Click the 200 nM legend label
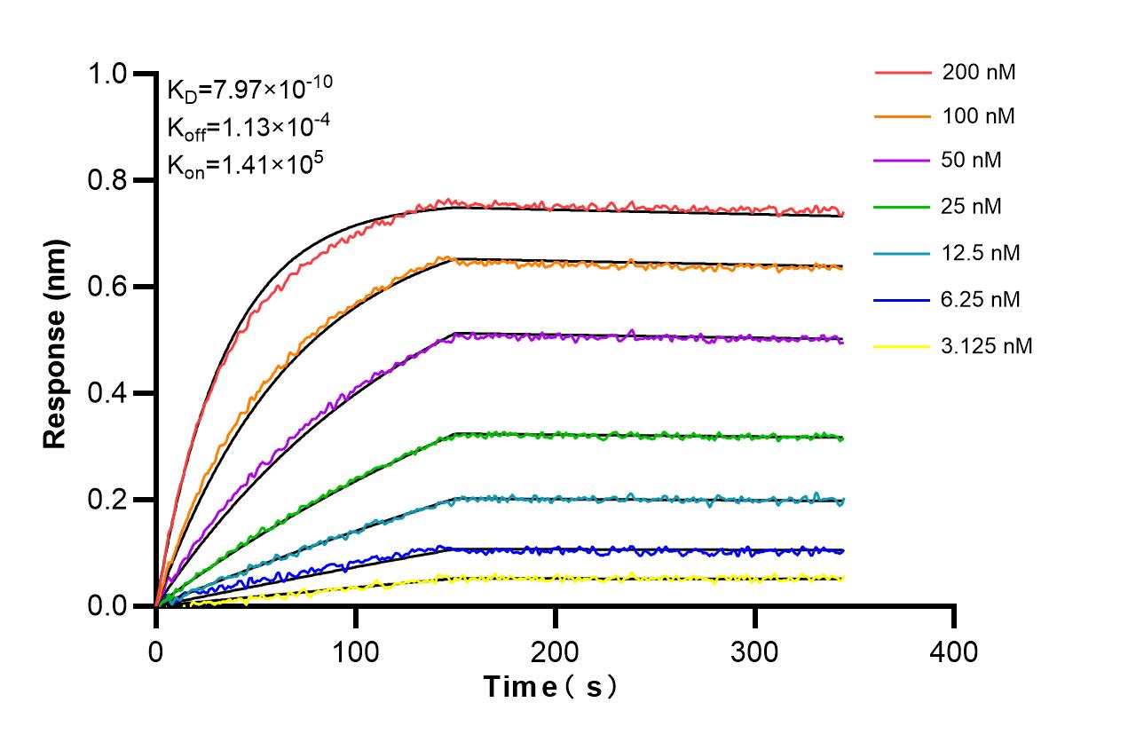point(979,72)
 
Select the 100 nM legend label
point(979,116)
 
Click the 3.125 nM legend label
point(987,345)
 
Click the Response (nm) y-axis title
point(56,340)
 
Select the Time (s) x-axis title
point(550,686)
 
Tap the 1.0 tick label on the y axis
point(108,74)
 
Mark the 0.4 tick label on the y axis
point(108,393)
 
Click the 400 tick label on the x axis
point(954,651)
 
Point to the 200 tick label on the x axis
point(555,651)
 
